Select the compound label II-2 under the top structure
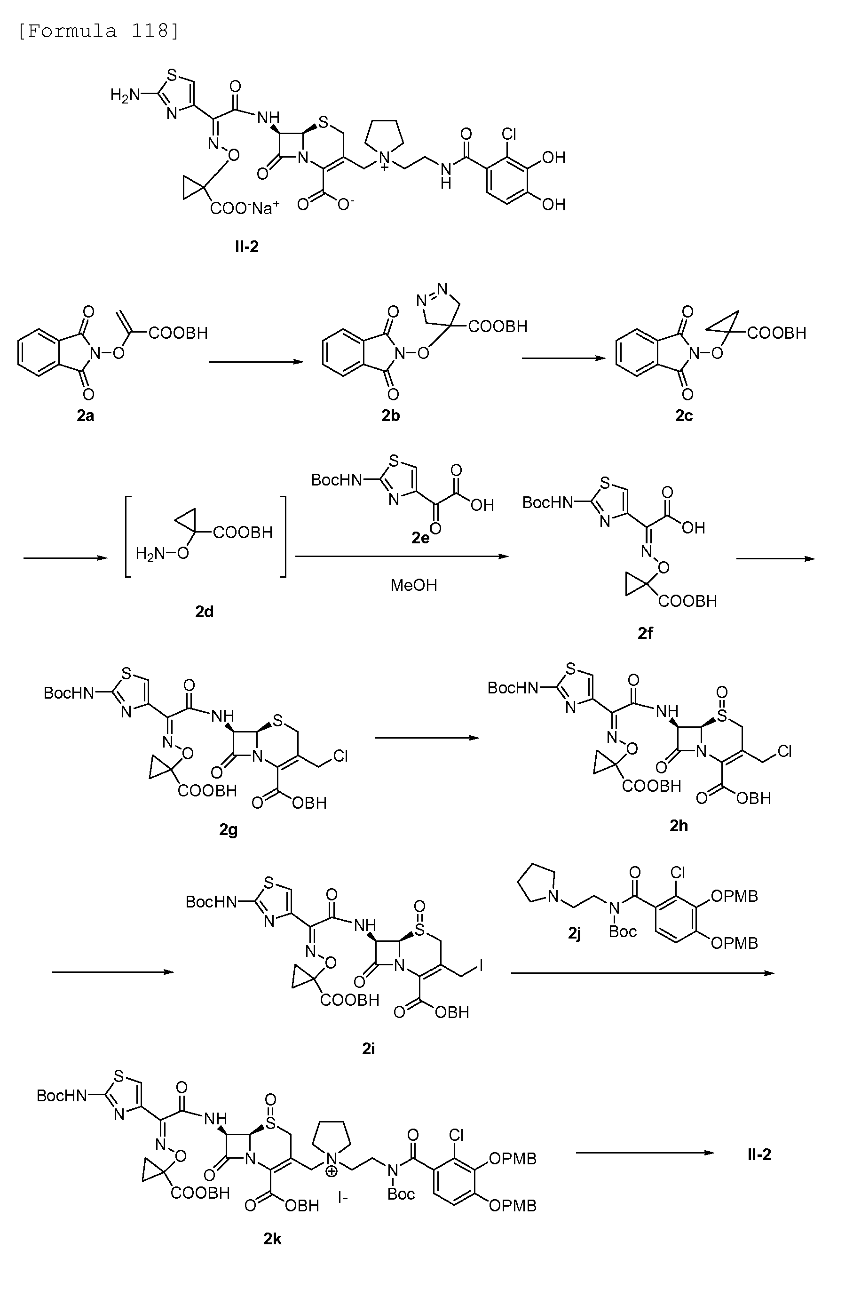(246, 247)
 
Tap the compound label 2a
(85, 416)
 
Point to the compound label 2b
(390, 416)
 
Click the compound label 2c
(684, 416)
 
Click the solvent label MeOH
(413, 585)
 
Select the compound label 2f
(645, 633)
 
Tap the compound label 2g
(229, 829)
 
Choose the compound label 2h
(679, 826)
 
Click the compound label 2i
(369, 1049)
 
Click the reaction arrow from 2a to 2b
(256, 362)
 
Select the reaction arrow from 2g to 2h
(427, 738)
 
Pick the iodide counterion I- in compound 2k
(343, 1197)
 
